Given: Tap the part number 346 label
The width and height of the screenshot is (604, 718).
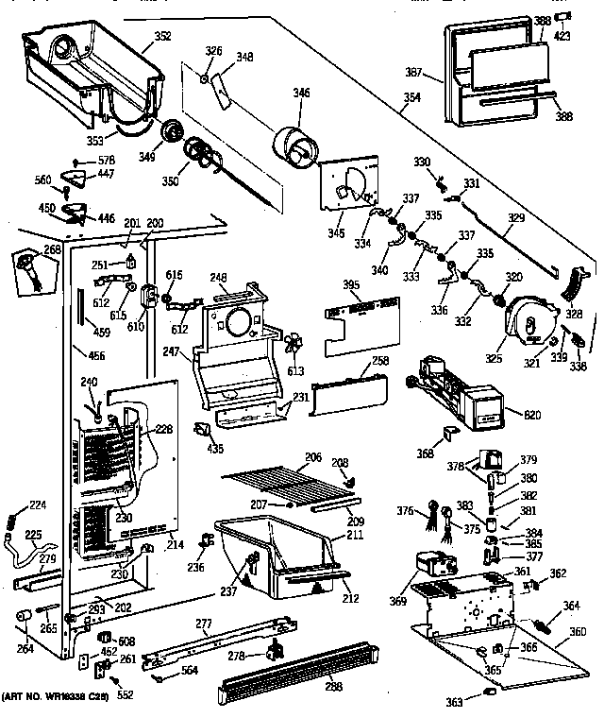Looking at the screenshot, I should coord(301,93).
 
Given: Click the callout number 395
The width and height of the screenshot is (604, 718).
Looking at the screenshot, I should coord(349,286).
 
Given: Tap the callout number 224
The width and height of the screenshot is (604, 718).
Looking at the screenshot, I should coord(37,504).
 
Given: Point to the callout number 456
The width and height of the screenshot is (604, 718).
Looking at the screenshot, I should coord(96,356).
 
